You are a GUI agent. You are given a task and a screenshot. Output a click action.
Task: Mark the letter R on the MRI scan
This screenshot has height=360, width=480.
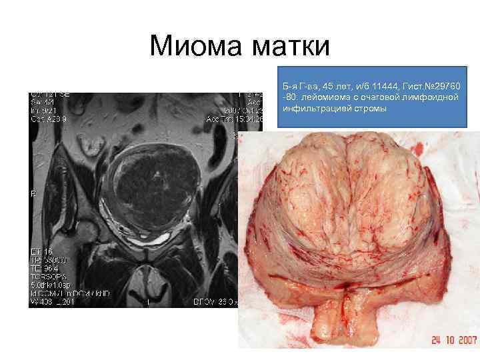(32, 194)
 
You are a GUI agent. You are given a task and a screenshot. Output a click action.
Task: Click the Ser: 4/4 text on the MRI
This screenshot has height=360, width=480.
(41, 101)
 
